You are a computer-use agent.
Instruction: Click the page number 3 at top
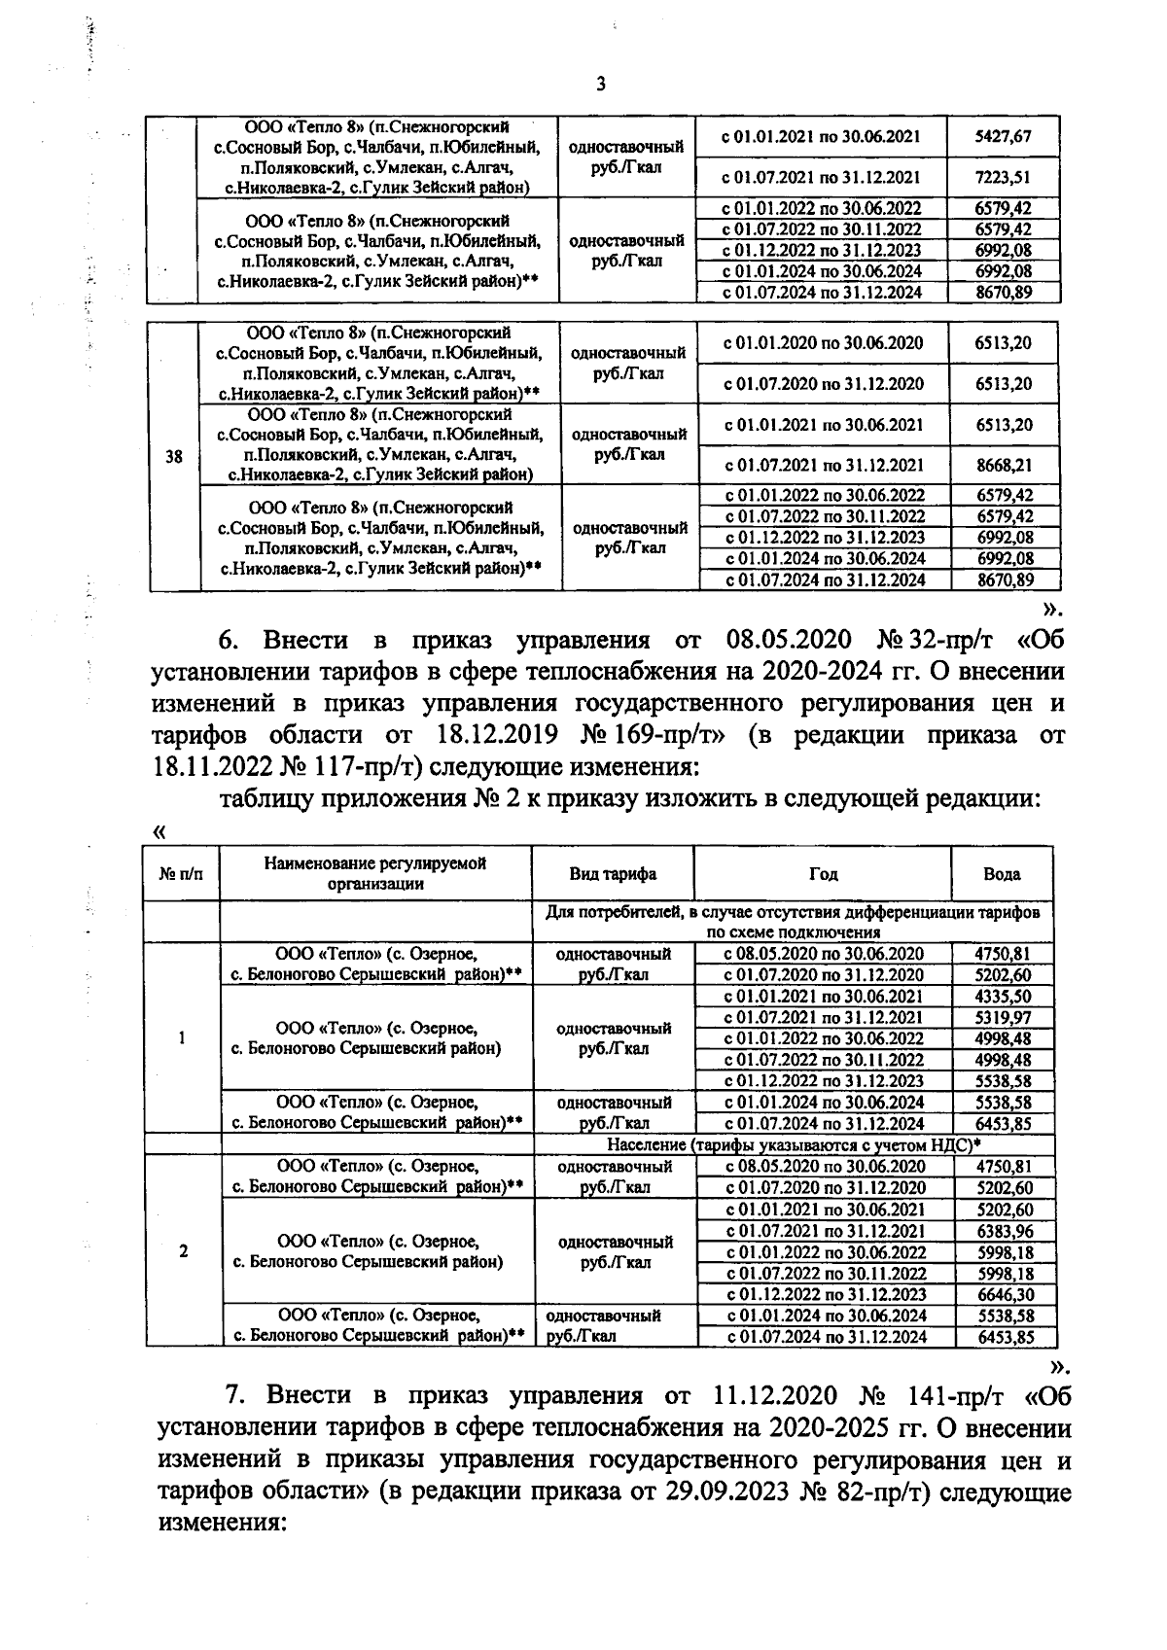[600, 84]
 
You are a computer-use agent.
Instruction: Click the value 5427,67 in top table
[1003, 136]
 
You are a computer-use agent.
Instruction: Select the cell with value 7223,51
[1003, 177]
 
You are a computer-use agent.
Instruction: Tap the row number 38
[174, 455]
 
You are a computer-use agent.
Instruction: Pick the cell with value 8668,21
[1003, 466]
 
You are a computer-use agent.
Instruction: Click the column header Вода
[1002, 873]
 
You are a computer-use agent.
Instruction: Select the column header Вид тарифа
[613, 873]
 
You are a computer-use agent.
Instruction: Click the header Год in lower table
[823, 873]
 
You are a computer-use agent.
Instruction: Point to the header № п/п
[182, 873]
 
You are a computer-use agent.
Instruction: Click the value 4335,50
[1003, 996]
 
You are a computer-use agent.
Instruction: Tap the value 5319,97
[1003, 1017]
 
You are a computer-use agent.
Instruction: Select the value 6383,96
[1003, 1230]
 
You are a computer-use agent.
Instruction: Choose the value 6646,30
[1003, 1294]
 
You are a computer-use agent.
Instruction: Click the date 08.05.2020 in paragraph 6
[789, 640]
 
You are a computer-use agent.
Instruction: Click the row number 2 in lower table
[183, 1251]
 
